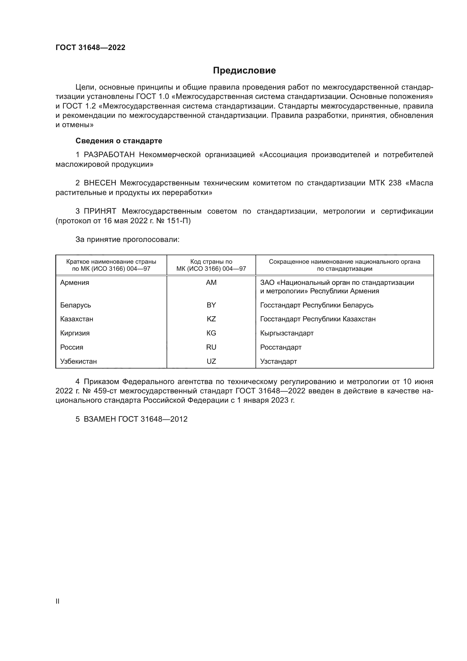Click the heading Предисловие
[244, 71]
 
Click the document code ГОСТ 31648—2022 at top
[90, 47]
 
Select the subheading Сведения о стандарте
[119, 141]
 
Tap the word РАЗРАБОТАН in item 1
[109, 155]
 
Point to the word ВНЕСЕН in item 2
[100, 183]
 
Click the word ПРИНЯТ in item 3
[100, 211]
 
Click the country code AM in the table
[211, 283]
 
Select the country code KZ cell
[211, 319]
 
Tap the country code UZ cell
[211, 361]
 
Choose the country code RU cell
[211, 347]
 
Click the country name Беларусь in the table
[76, 305]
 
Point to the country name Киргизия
[75, 333]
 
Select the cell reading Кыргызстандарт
[287, 333]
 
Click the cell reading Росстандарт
[281, 347]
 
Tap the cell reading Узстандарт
[278, 361]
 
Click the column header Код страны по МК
[211, 265]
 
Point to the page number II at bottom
[58, 601]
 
